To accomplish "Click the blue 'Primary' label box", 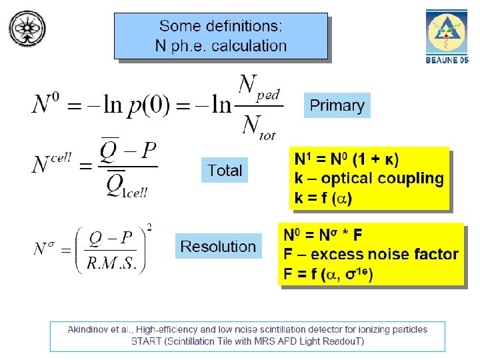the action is click(337, 105).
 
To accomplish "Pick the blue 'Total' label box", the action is click(225, 171).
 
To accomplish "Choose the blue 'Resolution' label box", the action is click(218, 247).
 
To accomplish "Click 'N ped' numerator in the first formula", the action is click(259, 87).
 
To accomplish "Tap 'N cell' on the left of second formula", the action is click(51, 162).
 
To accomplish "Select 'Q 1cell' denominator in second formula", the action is click(127, 185).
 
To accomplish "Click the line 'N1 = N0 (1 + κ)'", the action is click(347, 160).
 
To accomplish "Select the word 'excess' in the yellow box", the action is click(335, 254).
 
